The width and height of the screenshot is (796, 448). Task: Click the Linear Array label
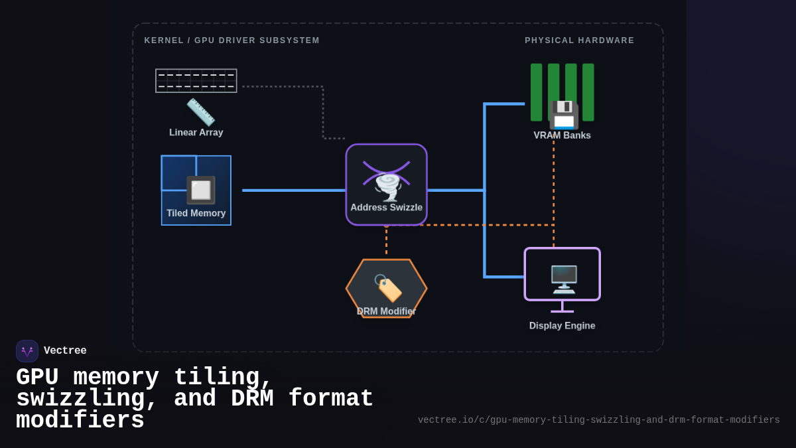tap(196, 133)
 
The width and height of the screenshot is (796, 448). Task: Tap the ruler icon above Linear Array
tap(200, 112)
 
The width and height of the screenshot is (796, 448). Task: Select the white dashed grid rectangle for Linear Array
tap(196, 80)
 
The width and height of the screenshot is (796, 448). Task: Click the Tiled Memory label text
tap(196, 214)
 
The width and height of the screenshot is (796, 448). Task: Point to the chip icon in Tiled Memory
tap(200, 190)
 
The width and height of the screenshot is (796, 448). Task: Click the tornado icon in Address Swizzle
tap(387, 187)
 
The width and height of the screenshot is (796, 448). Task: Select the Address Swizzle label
tap(386, 208)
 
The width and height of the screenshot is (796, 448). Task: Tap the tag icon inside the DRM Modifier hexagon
tap(388, 288)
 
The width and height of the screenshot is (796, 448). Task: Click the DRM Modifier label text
tap(386, 311)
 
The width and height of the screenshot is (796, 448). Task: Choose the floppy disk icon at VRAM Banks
tap(563, 115)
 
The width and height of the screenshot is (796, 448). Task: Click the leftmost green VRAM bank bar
tap(536, 92)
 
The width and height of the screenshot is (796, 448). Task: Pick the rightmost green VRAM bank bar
tap(588, 92)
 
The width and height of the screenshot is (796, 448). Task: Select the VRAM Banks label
tap(562, 135)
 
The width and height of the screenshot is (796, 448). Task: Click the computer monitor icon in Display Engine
tap(563, 279)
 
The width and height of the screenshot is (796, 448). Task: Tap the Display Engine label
tap(562, 326)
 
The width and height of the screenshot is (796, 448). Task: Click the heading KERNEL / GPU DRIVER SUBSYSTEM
tap(232, 40)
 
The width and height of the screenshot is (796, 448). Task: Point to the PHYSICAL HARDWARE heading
tap(579, 40)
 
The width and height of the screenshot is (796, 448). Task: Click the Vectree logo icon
tap(27, 351)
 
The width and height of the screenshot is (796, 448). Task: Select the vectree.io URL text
tap(598, 420)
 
